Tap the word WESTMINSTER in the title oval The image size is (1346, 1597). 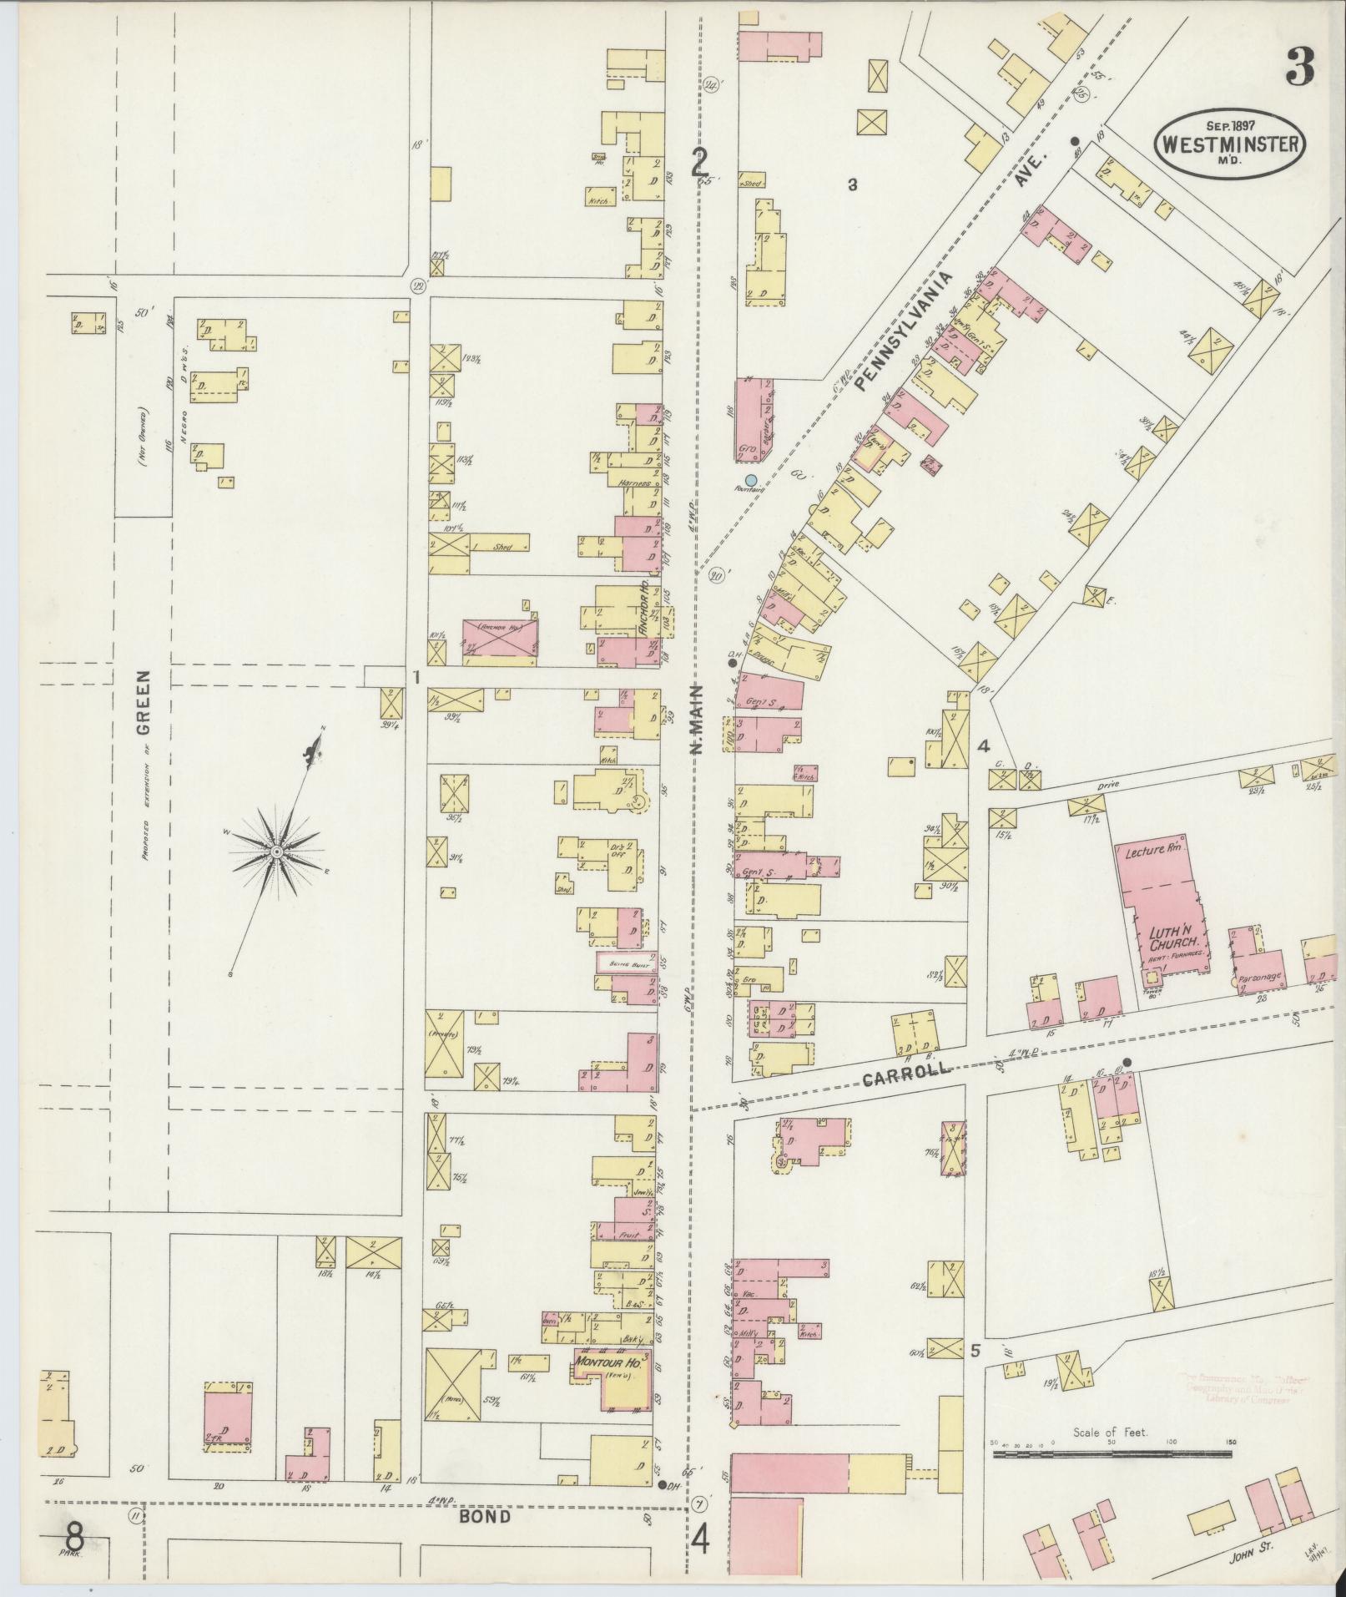(x=1230, y=144)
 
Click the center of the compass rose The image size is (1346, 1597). (x=276, y=851)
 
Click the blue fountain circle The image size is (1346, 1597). (x=751, y=480)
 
